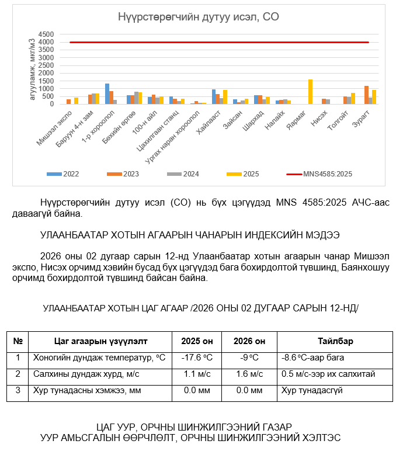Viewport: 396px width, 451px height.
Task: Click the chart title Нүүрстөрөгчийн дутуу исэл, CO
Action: pyautogui.click(x=199, y=17)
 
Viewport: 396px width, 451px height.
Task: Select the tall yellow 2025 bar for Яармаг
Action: pyautogui.click(x=310, y=92)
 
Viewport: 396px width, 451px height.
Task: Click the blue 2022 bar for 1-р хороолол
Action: pyautogui.click(x=107, y=94)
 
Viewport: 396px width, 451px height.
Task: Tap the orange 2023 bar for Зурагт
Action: pyautogui.click(x=366, y=95)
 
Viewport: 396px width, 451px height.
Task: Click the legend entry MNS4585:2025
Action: pyautogui.click(x=328, y=174)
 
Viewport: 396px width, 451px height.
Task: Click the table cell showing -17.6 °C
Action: pyautogui.click(x=197, y=358)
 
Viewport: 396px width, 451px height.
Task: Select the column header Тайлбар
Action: pyautogui.click(x=335, y=341)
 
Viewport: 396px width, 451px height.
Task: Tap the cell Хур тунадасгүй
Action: pyautogui.click(x=309, y=390)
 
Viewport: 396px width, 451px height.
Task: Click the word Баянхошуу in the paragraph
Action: pyautogui.click(x=362, y=268)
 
